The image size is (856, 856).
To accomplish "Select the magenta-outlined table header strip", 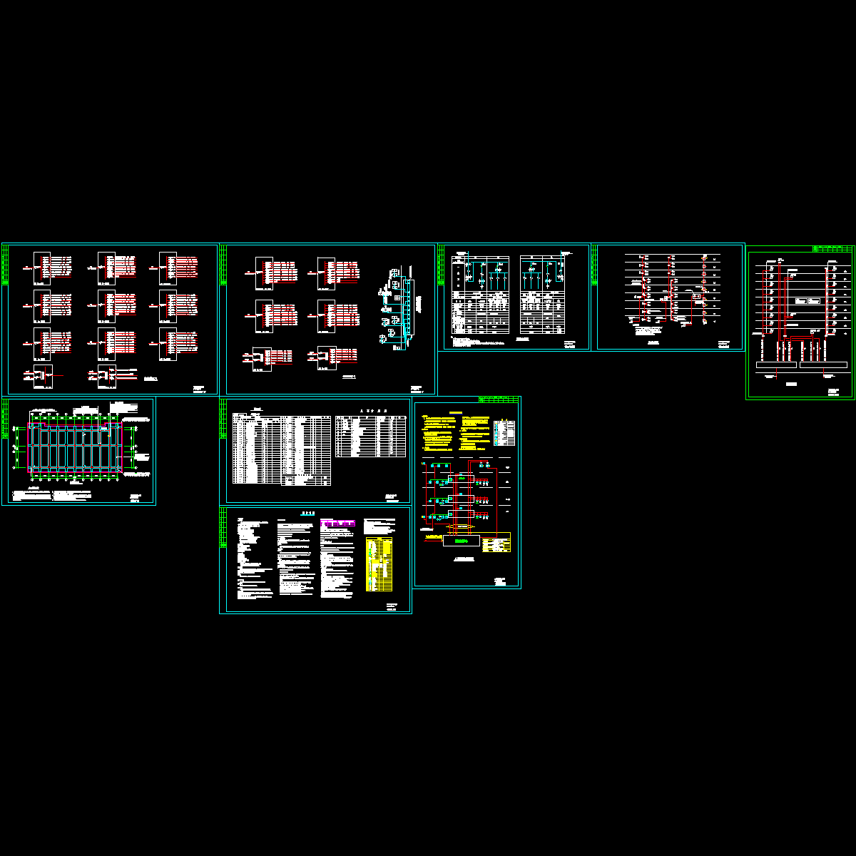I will point(337,523).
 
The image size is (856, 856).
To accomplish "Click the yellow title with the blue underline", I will point(455,412).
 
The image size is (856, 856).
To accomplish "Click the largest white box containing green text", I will point(460,541).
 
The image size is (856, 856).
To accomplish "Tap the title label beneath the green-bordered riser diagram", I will point(790,384).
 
